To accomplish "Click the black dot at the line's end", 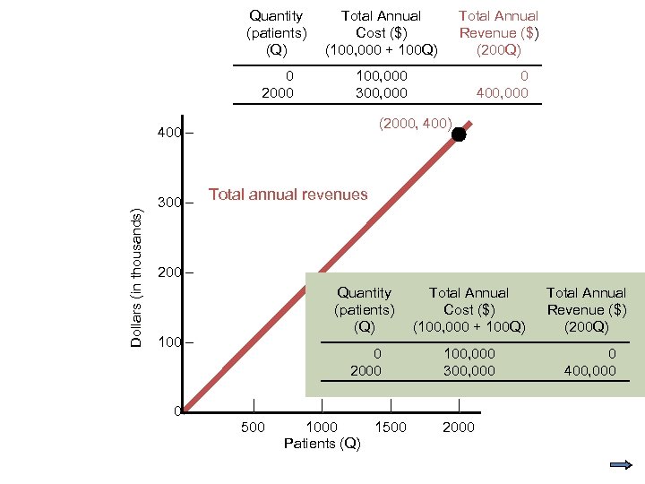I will [459, 134].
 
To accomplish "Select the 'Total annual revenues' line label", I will [288, 194].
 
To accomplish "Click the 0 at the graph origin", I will [177, 411].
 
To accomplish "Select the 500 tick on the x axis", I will [254, 427].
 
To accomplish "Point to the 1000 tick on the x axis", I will [322, 427].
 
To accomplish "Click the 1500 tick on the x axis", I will [391, 427].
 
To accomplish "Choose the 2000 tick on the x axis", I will [459, 427].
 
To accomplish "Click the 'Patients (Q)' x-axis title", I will [322, 444].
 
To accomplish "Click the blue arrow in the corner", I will [621, 464].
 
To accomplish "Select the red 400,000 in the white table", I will [502, 93].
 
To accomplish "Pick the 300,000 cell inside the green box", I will [469, 370].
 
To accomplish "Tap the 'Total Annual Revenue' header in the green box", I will [586, 309].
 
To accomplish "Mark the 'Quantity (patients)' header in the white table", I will [276, 32].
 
